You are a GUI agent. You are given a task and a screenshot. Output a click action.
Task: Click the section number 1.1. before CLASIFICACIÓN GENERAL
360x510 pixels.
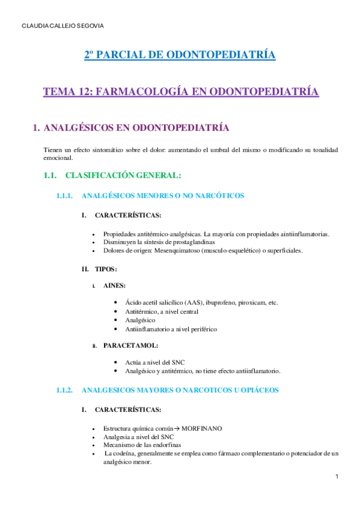tap(50, 176)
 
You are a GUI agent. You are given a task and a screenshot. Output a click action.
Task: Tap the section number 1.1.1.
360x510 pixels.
tap(64, 195)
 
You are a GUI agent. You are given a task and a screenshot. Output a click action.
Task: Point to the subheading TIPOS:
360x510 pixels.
tap(106, 269)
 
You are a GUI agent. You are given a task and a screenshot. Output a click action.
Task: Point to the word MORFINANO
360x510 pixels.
tap(201, 428)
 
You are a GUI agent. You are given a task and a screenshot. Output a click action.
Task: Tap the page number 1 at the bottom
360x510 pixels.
tap(337, 477)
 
